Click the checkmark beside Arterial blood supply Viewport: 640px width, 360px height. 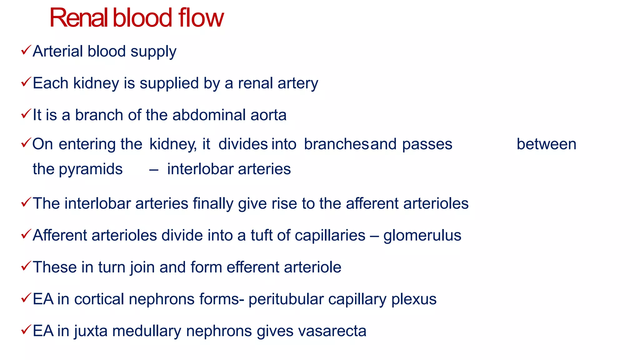tap(26, 50)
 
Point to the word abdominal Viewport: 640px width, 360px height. tap(209, 115)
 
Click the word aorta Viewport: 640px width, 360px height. tap(268, 115)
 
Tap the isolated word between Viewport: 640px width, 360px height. tap(546, 144)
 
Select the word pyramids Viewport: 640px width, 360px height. tap(91, 169)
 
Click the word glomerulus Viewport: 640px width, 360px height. tap(422, 236)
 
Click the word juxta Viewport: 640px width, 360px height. tap(91, 331)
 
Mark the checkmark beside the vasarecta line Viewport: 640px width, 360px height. tap(26, 330)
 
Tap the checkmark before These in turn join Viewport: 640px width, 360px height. tap(26, 266)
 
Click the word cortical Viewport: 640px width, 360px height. tap(99, 299)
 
